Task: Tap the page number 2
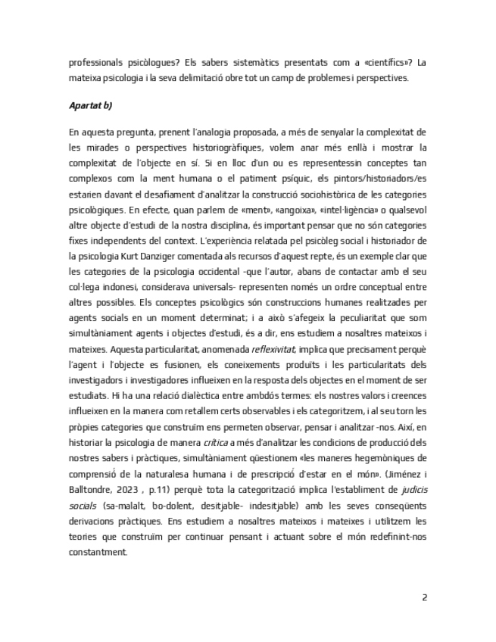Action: click(x=424, y=597)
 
